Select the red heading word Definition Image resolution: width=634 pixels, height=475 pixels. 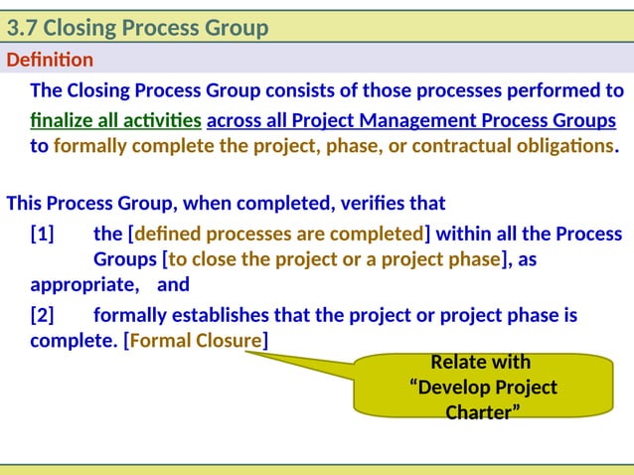pos(50,61)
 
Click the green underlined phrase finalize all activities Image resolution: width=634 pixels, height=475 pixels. pos(115,121)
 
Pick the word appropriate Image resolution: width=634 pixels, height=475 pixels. pos(84,285)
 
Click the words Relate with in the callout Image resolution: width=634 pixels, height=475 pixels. pos(481,362)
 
